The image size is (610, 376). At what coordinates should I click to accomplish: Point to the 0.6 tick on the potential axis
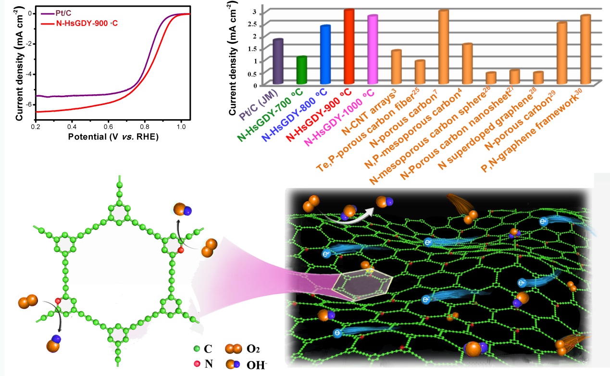108,126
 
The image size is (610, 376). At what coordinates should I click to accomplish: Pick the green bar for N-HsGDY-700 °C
301,70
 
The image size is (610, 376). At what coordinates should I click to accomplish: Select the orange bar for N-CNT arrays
396,66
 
